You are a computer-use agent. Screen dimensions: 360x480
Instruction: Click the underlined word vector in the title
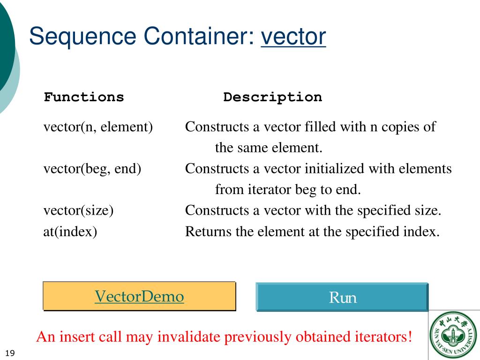pos(293,36)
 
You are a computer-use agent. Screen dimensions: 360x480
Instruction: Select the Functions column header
pos(84,97)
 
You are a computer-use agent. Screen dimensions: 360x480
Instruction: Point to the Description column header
pos(272,97)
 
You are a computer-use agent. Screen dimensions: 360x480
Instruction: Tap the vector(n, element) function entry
pos(98,127)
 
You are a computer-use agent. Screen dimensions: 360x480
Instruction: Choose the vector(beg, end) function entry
pos(92,168)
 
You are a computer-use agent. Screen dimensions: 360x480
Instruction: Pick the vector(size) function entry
pos(78,210)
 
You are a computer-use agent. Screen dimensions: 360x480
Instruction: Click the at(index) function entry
pos(70,232)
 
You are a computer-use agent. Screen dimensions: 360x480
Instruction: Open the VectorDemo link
pos(139,296)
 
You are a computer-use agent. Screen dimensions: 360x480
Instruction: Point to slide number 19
pos(10,353)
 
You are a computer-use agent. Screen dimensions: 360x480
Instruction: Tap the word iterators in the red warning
pos(381,337)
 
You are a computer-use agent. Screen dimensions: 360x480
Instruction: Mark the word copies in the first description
pos(398,127)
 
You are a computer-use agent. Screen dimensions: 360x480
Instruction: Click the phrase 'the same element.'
pos(269,148)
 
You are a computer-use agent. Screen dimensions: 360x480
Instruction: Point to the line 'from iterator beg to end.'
pos(288,189)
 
